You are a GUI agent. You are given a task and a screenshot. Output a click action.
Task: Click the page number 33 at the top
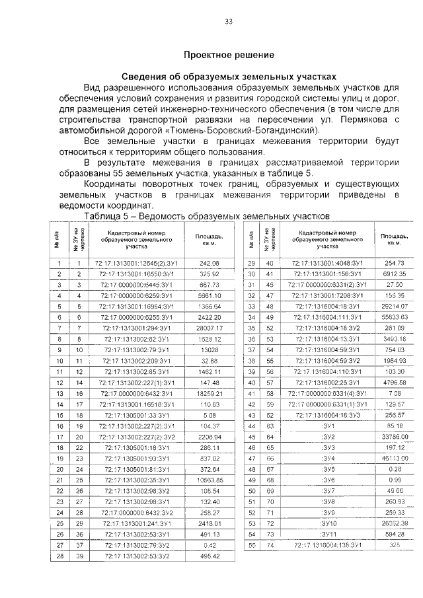click(x=229, y=21)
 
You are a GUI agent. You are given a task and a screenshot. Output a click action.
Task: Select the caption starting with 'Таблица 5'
click(x=206, y=216)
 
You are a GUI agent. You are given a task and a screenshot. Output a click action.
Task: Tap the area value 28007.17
click(x=209, y=328)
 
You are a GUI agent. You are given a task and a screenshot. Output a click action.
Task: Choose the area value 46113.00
click(x=395, y=457)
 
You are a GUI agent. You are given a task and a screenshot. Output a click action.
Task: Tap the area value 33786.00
click(x=395, y=436)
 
